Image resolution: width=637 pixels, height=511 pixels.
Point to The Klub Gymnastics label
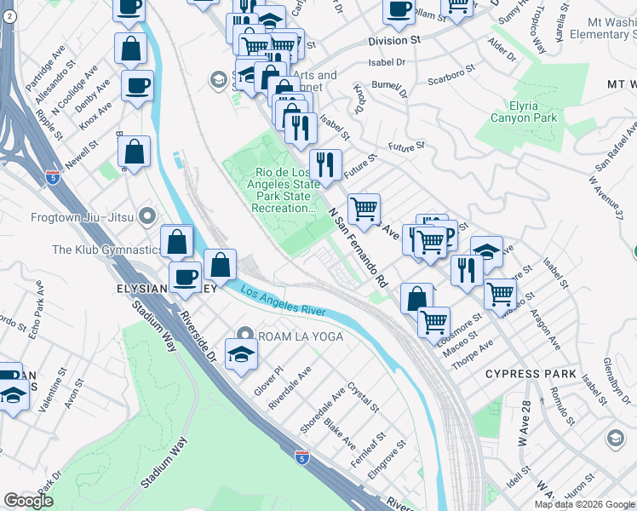click(106, 250)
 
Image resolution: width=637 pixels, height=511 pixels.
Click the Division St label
click(394, 40)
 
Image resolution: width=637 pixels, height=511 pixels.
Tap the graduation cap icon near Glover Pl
click(241, 355)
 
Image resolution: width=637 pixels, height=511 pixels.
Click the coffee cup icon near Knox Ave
click(136, 86)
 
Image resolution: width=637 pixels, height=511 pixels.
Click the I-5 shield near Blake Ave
click(303, 456)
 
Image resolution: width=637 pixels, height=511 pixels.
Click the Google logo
click(28, 501)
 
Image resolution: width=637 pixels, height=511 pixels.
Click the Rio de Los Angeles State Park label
click(284, 190)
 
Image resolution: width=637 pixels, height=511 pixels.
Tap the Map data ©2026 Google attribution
click(583, 504)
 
